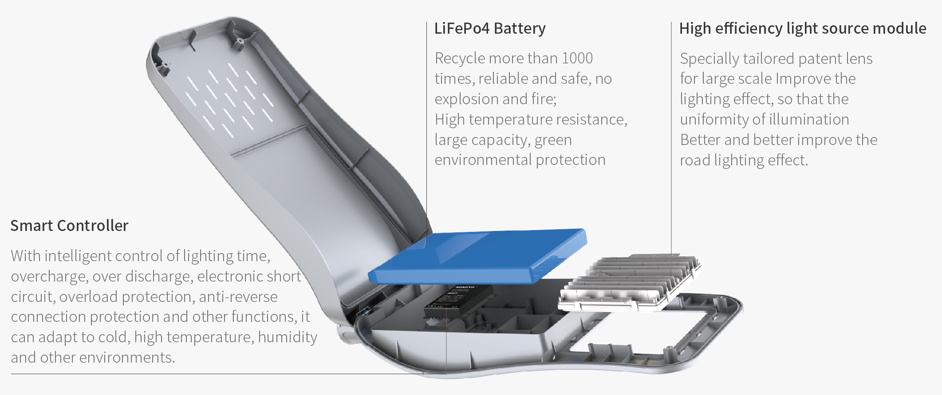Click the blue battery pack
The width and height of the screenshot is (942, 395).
477,256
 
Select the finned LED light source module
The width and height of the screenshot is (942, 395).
629,283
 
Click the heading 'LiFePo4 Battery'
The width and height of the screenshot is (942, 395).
490,28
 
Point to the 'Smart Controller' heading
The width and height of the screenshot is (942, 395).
69,226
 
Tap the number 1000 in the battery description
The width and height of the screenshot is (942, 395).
577,58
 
